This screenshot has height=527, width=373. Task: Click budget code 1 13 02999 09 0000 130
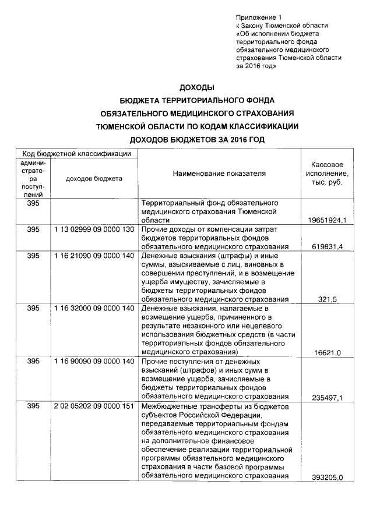point(94,229)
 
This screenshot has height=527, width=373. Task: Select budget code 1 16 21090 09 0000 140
point(94,256)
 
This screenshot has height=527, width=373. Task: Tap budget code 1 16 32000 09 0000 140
point(94,308)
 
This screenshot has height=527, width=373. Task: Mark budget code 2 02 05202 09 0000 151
point(94,406)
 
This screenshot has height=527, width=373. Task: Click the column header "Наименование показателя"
point(219,173)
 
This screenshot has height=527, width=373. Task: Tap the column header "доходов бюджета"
point(94,178)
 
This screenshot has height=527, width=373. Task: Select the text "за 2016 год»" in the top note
point(256,66)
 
